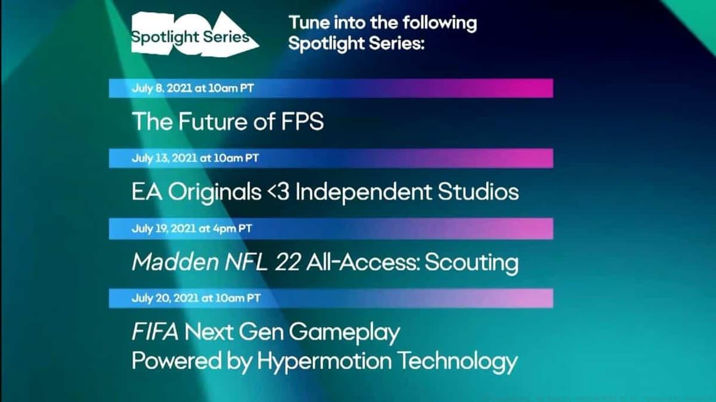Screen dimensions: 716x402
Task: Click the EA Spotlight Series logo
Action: (x=195, y=35)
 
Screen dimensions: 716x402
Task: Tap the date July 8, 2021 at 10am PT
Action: (x=193, y=88)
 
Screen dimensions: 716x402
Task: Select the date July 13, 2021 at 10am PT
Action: (x=195, y=158)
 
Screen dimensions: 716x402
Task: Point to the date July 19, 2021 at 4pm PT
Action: (x=192, y=228)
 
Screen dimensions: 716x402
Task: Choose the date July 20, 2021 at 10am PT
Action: (x=196, y=298)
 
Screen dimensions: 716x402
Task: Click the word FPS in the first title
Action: (x=302, y=122)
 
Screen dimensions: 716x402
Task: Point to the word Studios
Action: (x=478, y=191)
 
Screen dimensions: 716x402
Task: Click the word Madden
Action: (x=175, y=262)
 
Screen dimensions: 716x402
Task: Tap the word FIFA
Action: (x=155, y=332)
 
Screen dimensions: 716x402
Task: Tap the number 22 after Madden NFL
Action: (x=288, y=262)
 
